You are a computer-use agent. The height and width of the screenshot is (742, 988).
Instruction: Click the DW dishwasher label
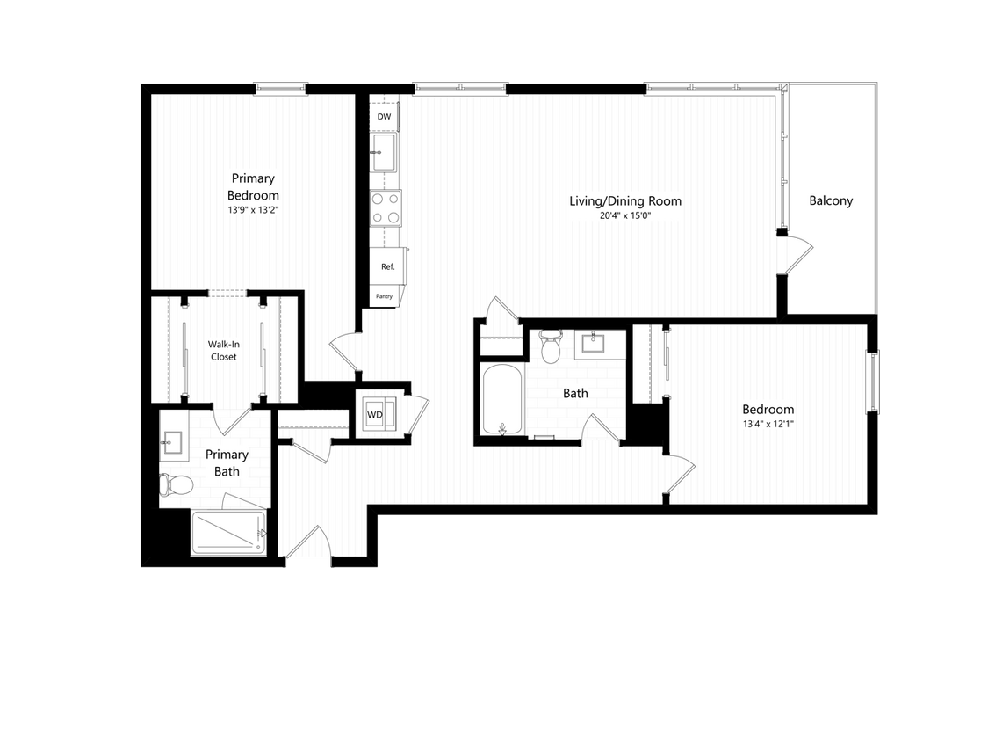coord(384,117)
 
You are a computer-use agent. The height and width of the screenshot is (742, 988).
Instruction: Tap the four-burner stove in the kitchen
coord(385,208)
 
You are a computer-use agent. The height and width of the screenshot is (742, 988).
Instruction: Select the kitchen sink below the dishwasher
coord(384,153)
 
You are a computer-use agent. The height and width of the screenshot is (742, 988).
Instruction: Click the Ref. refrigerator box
coord(387,266)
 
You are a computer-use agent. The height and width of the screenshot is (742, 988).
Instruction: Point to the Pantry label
coord(384,296)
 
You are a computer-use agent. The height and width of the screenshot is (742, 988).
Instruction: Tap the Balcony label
coord(831,200)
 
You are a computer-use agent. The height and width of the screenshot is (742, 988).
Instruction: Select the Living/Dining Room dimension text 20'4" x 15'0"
coord(624,216)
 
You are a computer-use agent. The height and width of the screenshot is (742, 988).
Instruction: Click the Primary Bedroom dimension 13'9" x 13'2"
coord(253,211)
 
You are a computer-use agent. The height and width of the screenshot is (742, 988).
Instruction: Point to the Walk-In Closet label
coord(223,351)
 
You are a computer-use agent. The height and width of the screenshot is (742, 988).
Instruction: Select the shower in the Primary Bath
coord(228,532)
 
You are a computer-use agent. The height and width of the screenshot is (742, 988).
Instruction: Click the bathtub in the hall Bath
coord(503,400)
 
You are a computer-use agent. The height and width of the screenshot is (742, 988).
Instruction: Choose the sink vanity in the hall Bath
coord(600,344)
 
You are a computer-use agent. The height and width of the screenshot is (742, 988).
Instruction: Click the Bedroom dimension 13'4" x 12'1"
coord(768,425)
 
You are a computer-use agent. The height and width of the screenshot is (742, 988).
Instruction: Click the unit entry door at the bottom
coord(309,545)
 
